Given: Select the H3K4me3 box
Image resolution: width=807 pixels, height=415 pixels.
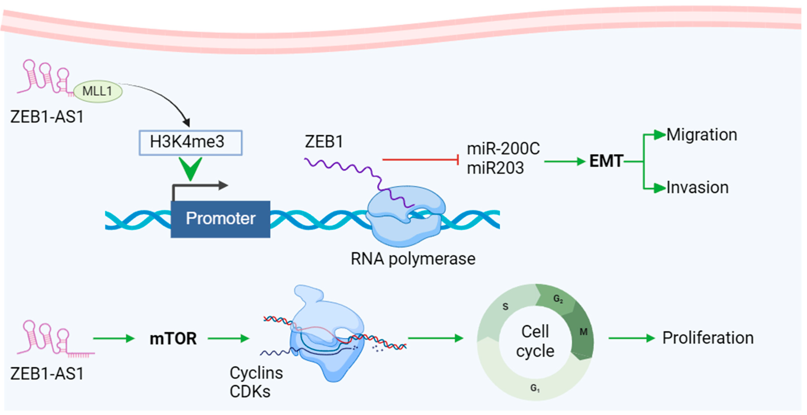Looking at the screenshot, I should [190, 143].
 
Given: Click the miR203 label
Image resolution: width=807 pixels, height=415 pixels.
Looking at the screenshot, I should [495, 168].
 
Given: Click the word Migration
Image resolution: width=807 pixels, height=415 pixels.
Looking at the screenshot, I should [701, 135].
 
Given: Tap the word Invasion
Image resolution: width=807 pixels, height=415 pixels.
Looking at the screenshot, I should [697, 187].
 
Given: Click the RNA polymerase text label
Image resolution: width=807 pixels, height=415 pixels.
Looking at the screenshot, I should [413, 259].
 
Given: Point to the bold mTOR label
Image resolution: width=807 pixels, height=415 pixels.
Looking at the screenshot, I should [173, 339].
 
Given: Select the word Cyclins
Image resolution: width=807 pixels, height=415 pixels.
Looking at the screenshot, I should [256, 373].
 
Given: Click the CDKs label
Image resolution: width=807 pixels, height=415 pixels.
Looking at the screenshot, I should [250, 391].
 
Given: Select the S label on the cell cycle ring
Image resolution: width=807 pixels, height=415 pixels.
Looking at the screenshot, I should [505, 306].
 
